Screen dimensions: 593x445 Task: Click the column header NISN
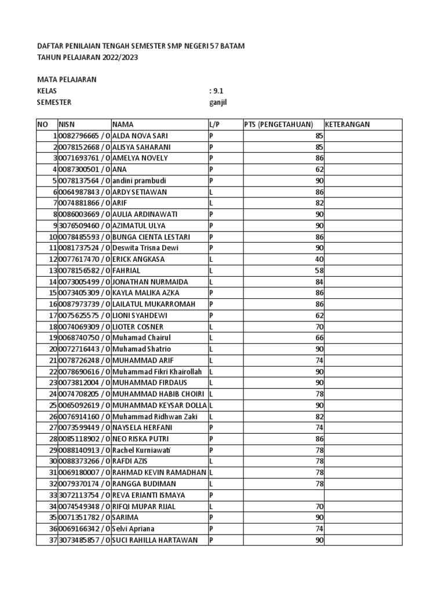click(x=67, y=125)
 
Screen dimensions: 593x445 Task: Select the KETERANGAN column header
click(x=347, y=125)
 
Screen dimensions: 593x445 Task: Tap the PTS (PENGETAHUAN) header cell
click(x=279, y=125)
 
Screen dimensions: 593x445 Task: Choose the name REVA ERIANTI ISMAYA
click(x=149, y=495)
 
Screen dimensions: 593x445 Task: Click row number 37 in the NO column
click(x=52, y=540)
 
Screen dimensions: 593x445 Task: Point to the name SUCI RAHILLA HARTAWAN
click(x=155, y=540)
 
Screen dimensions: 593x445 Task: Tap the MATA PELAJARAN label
click(x=67, y=79)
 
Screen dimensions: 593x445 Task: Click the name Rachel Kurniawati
click(x=144, y=450)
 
